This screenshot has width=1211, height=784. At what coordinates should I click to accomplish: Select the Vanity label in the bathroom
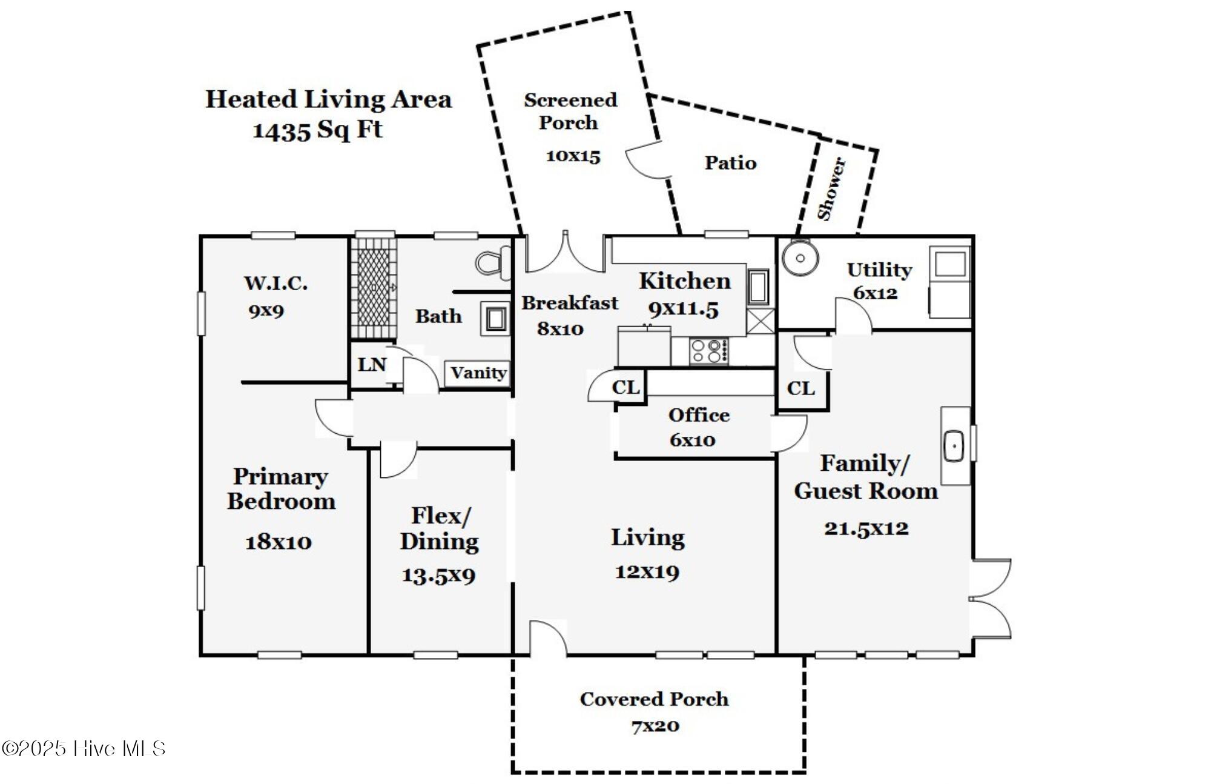(x=478, y=373)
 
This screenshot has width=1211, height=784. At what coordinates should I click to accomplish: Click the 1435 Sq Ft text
(x=317, y=130)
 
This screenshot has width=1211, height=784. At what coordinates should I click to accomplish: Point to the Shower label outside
(x=831, y=188)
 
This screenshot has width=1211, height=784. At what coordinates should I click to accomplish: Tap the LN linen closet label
(x=372, y=364)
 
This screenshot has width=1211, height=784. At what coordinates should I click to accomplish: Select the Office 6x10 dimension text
(x=693, y=440)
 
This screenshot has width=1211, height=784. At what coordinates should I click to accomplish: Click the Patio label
(x=730, y=162)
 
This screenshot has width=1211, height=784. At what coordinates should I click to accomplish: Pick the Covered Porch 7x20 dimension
(x=655, y=726)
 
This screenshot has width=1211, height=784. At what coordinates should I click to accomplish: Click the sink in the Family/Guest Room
(x=955, y=446)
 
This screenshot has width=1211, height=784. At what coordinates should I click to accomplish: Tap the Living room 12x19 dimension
(x=647, y=572)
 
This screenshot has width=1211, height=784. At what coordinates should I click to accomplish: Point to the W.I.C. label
(x=276, y=283)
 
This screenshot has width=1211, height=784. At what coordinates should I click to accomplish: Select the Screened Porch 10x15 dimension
(x=573, y=156)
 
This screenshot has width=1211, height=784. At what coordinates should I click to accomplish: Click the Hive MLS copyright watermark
(x=84, y=749)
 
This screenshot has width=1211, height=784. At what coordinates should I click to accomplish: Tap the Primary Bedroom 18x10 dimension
(x=279, y=542)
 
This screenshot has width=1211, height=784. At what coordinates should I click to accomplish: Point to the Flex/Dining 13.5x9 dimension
(x=438, y=575)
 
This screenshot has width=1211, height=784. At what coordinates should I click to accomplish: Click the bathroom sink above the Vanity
(x=495, y=319)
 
